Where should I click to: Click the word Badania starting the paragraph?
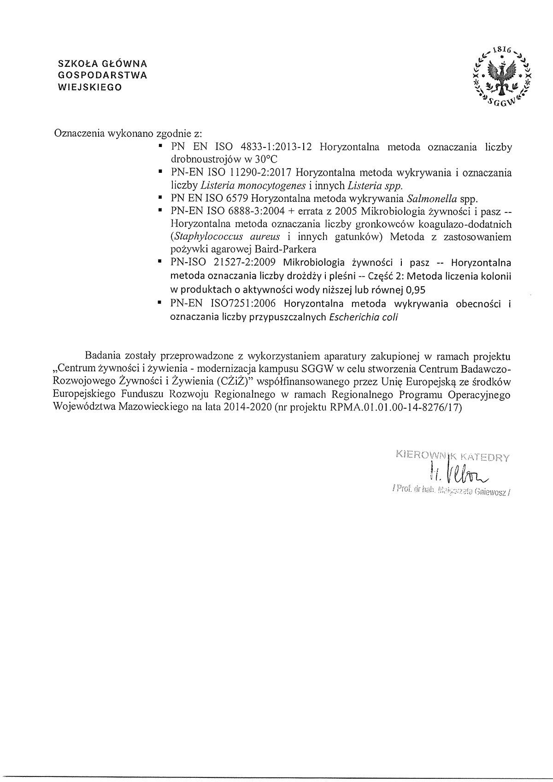point(102,356)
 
